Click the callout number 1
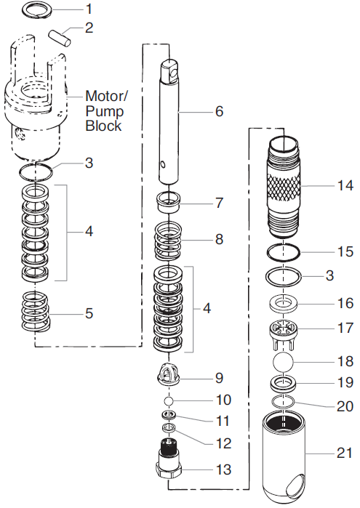point(89,9)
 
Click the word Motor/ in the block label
point(106,96)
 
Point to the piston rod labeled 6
point(172,124)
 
